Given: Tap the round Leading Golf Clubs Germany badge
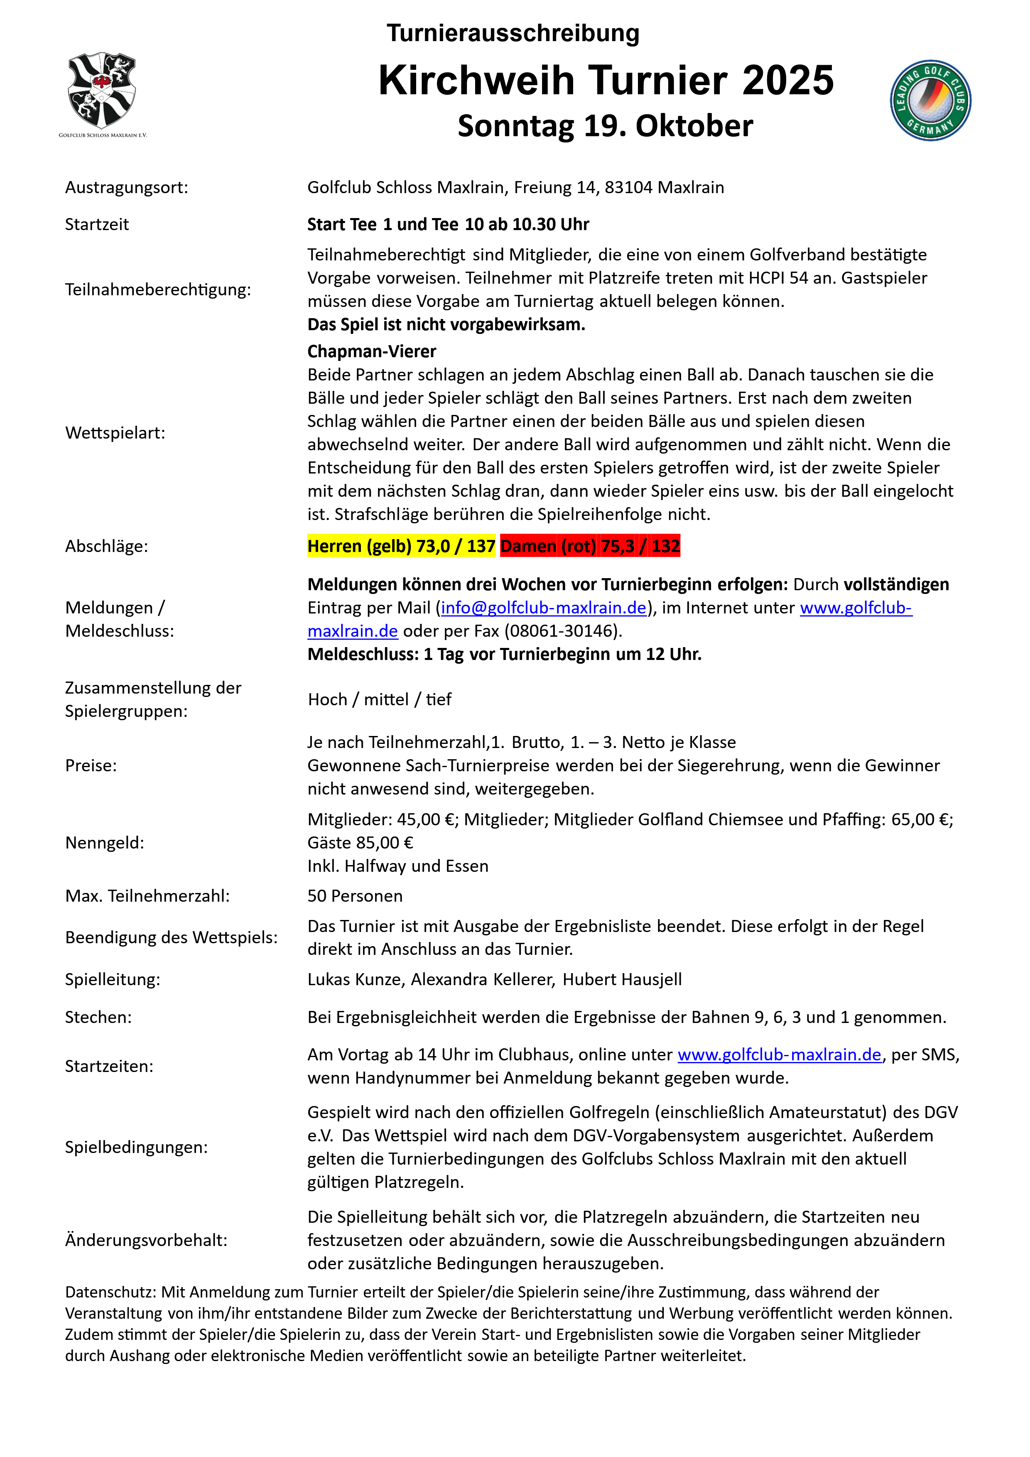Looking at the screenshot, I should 930,100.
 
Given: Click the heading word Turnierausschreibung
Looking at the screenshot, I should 513,33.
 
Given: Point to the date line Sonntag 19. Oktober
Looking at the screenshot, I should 605,126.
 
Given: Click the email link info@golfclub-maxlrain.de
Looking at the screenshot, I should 543,608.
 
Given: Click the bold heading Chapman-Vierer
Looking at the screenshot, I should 371,351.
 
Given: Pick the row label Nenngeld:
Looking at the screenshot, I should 105,843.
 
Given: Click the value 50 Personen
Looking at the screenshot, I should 355,896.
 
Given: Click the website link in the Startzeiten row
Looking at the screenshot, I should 779,1055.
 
